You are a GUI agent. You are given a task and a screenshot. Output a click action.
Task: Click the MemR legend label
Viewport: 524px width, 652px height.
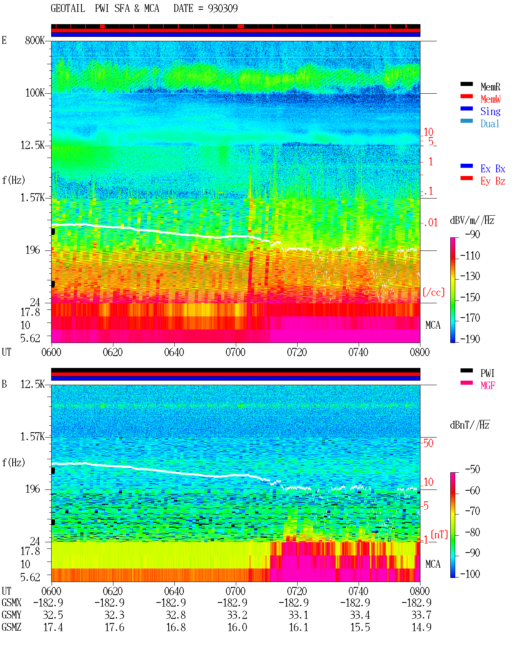(x=490, y=87)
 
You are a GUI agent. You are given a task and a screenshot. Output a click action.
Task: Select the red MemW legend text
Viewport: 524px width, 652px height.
(x=490, y=99)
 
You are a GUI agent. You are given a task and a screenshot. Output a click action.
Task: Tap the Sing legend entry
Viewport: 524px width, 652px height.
(x=490, y=111)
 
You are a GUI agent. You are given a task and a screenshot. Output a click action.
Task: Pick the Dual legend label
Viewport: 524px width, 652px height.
(x=490, y=124)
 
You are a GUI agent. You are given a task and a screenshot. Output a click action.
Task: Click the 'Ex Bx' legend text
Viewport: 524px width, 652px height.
(x=492, y=169)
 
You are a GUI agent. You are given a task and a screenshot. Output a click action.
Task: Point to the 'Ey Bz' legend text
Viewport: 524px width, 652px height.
(x=492, y=181)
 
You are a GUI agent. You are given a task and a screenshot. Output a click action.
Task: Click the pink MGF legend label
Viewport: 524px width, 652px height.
(x=488, y=386)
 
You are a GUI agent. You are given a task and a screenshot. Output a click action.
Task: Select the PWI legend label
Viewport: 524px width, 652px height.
(x=488, y=373)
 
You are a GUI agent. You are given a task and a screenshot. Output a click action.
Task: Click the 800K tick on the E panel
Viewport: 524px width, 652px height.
(x=35, y=40)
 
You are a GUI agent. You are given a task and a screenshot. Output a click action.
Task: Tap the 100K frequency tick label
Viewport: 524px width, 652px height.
(x=35, y=93)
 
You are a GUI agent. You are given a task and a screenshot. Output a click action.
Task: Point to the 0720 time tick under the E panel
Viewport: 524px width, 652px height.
(x=297, y=352)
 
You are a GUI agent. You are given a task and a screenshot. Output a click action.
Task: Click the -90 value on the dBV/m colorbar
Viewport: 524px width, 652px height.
(x=472, y=234)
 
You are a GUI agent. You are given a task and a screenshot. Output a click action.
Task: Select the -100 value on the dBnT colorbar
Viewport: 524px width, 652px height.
(x=470, y=574)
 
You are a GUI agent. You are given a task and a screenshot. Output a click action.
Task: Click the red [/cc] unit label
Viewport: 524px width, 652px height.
(x=434, y=292)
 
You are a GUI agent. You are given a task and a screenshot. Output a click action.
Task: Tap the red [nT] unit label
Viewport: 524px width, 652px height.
(x=439, y=535)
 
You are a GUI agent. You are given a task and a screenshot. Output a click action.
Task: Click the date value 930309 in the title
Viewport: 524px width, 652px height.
(x=223, y=9)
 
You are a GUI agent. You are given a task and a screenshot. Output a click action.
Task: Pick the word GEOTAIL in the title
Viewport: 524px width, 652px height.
(x=68, y=9)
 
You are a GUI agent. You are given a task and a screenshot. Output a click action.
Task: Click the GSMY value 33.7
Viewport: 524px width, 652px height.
(x=421, y=615)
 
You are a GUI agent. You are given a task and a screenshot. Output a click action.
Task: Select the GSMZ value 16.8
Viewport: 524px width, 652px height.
(x=176, y=627)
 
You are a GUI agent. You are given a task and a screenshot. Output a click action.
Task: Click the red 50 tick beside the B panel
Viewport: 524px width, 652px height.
(x=429, y=443)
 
